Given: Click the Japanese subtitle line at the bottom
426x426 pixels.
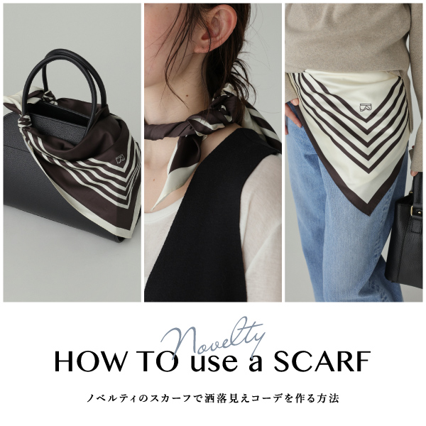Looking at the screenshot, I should click(x=213, y=398).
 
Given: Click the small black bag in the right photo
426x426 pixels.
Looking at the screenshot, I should click(x=404, y=241).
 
